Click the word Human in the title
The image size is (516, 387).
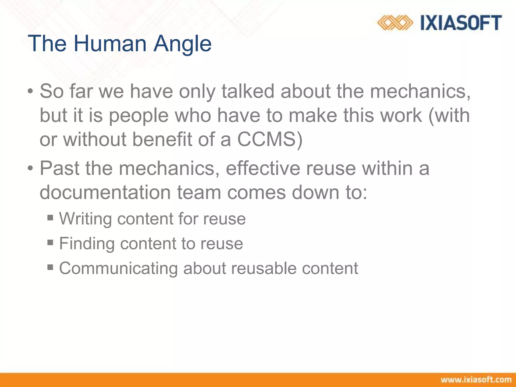(x=110, y=43)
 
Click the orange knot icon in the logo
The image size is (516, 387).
(x=395, y=23)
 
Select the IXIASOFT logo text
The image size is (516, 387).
(x=461, y=23)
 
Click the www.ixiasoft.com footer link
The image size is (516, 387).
(x=476, y=380)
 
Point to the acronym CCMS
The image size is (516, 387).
(x=270, y=139)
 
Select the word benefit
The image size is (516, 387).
(x=162, y=139)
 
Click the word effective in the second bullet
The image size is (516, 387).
(x=263, y=168)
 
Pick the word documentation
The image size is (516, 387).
(x=105, y=192)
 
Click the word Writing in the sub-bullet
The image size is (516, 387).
(x=85, y=219)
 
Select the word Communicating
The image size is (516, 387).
(x=118, y=268)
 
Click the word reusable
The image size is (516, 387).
(x=264, y=268)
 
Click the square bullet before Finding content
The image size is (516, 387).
(x=50, y=242)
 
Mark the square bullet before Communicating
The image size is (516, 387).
(x=50, y=267)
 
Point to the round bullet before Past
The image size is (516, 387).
(x=30, y=168)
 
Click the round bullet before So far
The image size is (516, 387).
(x=30, y=91)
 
